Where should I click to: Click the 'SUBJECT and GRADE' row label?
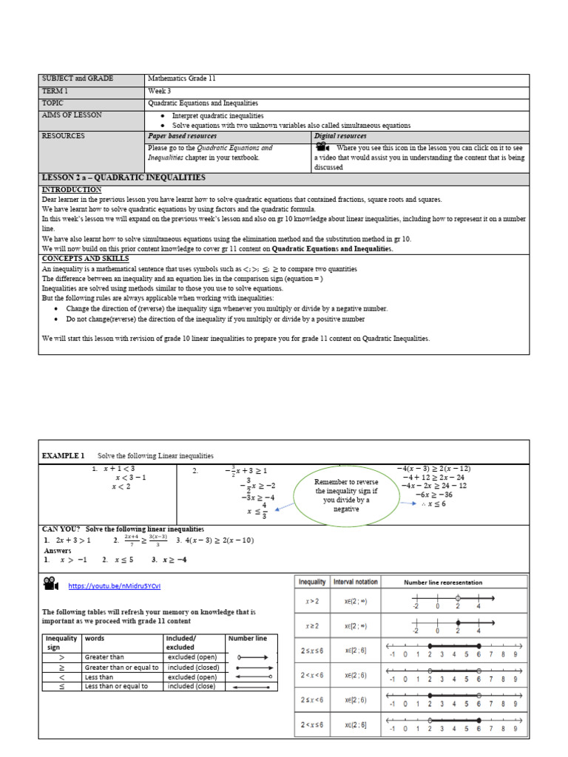73,79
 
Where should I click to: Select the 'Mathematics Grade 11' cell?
181,79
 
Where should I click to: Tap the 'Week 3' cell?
159,91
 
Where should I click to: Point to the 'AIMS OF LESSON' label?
72,115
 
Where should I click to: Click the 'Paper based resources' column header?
183,137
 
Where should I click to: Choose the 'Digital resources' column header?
341,137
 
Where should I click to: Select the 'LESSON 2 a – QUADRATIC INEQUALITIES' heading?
124,178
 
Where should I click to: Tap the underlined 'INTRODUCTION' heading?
72,190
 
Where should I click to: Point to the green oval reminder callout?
346,495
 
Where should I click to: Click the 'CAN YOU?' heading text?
61,529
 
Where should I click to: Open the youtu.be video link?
114,585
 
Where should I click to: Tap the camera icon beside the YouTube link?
50,584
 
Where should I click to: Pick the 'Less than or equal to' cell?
116,686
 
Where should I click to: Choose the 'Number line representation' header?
443,583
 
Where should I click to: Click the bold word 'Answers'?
58,551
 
